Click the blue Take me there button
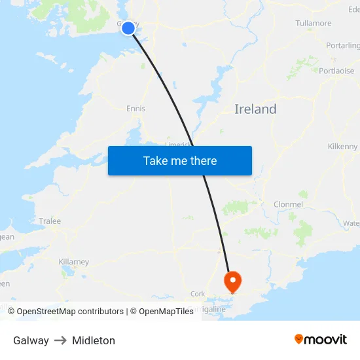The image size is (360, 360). pyautogui.click(x=180, y=160)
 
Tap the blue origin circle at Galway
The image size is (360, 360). pyautogui.click(x=128, y=27)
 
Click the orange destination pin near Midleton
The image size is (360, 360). pyautogui.click(x=232, y=281)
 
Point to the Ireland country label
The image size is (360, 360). pyautogui.click(x=255, y=109)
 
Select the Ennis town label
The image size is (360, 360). pyautogui.click(x=136, y=109)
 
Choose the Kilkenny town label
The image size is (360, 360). pyautogui.click(x=342, y=147)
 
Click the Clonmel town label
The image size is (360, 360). pyautogui.click(x=288, y=204)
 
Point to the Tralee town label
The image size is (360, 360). pyautogui.click(x=50, y=221)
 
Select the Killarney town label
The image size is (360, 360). pyautogui.click(x=73, y=262)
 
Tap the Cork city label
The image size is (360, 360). pyautogui.click(x=197, y=294)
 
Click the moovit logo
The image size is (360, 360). pyautogui.click(x=321, y=340)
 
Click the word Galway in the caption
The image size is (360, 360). pyautogui.click(x=31, y=340)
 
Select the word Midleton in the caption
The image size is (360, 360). pyautogui.click(x=94, y=340)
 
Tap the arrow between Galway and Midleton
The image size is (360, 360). pyautogui.click(x=60, y=340)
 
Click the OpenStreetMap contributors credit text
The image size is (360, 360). pyautogui.click(x=70, y=312)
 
